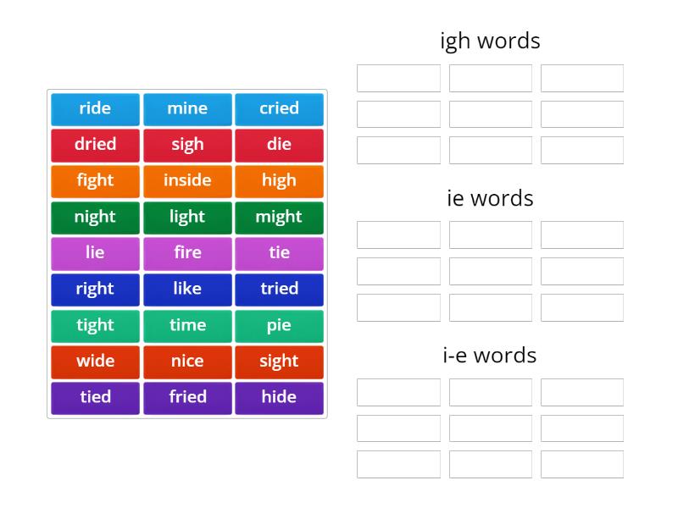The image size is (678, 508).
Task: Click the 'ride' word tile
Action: (x=95, y=108)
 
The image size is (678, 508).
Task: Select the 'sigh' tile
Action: (x=187, y=145)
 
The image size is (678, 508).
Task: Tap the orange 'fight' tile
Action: (x=95, y=180)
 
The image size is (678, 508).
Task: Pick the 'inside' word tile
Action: (x=187, y=180)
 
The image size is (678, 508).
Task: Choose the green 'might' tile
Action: (x=279, y=217)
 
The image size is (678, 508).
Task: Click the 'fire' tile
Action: (x=187, y=253)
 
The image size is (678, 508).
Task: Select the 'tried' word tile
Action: (x=279, y=289)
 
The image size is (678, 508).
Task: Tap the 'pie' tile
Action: (x=279, y=325)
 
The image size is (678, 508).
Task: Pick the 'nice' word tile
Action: (x=187, y=362)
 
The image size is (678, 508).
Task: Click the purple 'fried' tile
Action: (x=187, y=397)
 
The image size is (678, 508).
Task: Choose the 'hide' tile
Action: (x=279, y=397)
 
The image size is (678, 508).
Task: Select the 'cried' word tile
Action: (x=279, y=108)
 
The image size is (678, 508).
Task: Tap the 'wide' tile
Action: (x=95, y=362)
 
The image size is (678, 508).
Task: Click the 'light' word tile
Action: (x=187, y=217)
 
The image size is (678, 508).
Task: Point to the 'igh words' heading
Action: (x=490, y=41)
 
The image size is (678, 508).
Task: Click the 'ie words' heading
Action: (x=490, y=198)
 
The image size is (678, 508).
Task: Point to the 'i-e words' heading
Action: (x=490, y=355)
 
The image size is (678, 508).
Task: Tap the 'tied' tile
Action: (x=95, y=397)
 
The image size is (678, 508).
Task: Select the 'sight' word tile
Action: (x=279, y=362)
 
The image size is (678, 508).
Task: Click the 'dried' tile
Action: (x=95, y=145)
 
